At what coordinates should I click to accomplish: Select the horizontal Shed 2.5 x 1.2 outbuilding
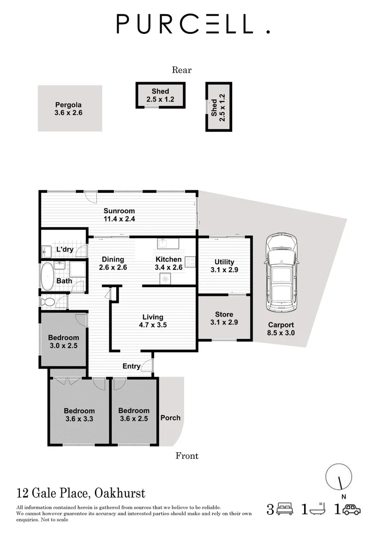pos(160,95)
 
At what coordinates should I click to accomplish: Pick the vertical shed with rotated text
pos(218,107)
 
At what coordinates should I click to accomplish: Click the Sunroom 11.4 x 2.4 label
pos(119,214)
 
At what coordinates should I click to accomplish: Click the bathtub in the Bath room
pos(48,276)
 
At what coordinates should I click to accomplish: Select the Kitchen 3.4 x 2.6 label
pos(169,263)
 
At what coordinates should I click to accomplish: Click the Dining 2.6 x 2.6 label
pos(113,263)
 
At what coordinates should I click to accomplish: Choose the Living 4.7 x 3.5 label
pos(153,321)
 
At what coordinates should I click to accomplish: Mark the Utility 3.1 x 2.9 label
pos(224,266)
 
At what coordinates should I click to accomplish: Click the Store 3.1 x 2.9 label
pos(224,318)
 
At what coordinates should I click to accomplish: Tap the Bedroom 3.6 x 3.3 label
pos(79,415)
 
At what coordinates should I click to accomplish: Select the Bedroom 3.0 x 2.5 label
pos(63,342)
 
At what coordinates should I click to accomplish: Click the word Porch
pos(170,418)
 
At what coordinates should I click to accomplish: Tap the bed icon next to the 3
pos(285,509)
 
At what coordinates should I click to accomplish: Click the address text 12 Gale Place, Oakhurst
pos(81,493)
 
